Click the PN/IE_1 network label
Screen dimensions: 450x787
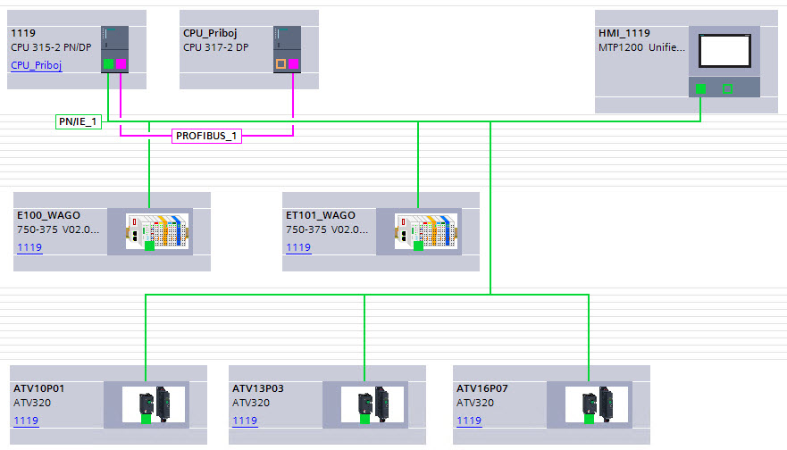click(x=78, y=121)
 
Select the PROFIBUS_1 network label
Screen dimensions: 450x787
click(x=207, y=137)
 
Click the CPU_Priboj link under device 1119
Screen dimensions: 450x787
click(x=36, y=65)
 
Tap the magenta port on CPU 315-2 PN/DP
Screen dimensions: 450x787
click(x=121, y=64)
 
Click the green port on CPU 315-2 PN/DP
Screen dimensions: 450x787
click(x=108, y=64)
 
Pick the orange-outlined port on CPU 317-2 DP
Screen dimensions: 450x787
click(x=280, y=64)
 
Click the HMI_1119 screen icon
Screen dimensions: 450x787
click(x=724, y=52)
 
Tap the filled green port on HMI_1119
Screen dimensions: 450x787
click(x=701, y=88)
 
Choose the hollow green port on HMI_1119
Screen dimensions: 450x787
click(x=727, y=88)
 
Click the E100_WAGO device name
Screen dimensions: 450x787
click(x=48, y=215)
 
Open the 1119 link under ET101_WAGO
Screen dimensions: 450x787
click(x=298, y=247)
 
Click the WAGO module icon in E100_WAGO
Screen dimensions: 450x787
click(x=157, y=230)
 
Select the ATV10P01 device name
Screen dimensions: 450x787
click(x=38, y=388)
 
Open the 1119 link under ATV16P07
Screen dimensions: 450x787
click(x=469, y=421)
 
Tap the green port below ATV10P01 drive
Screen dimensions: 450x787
click(x=146, y=418)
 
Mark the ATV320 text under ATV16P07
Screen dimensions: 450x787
click(x=473, y=404)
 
